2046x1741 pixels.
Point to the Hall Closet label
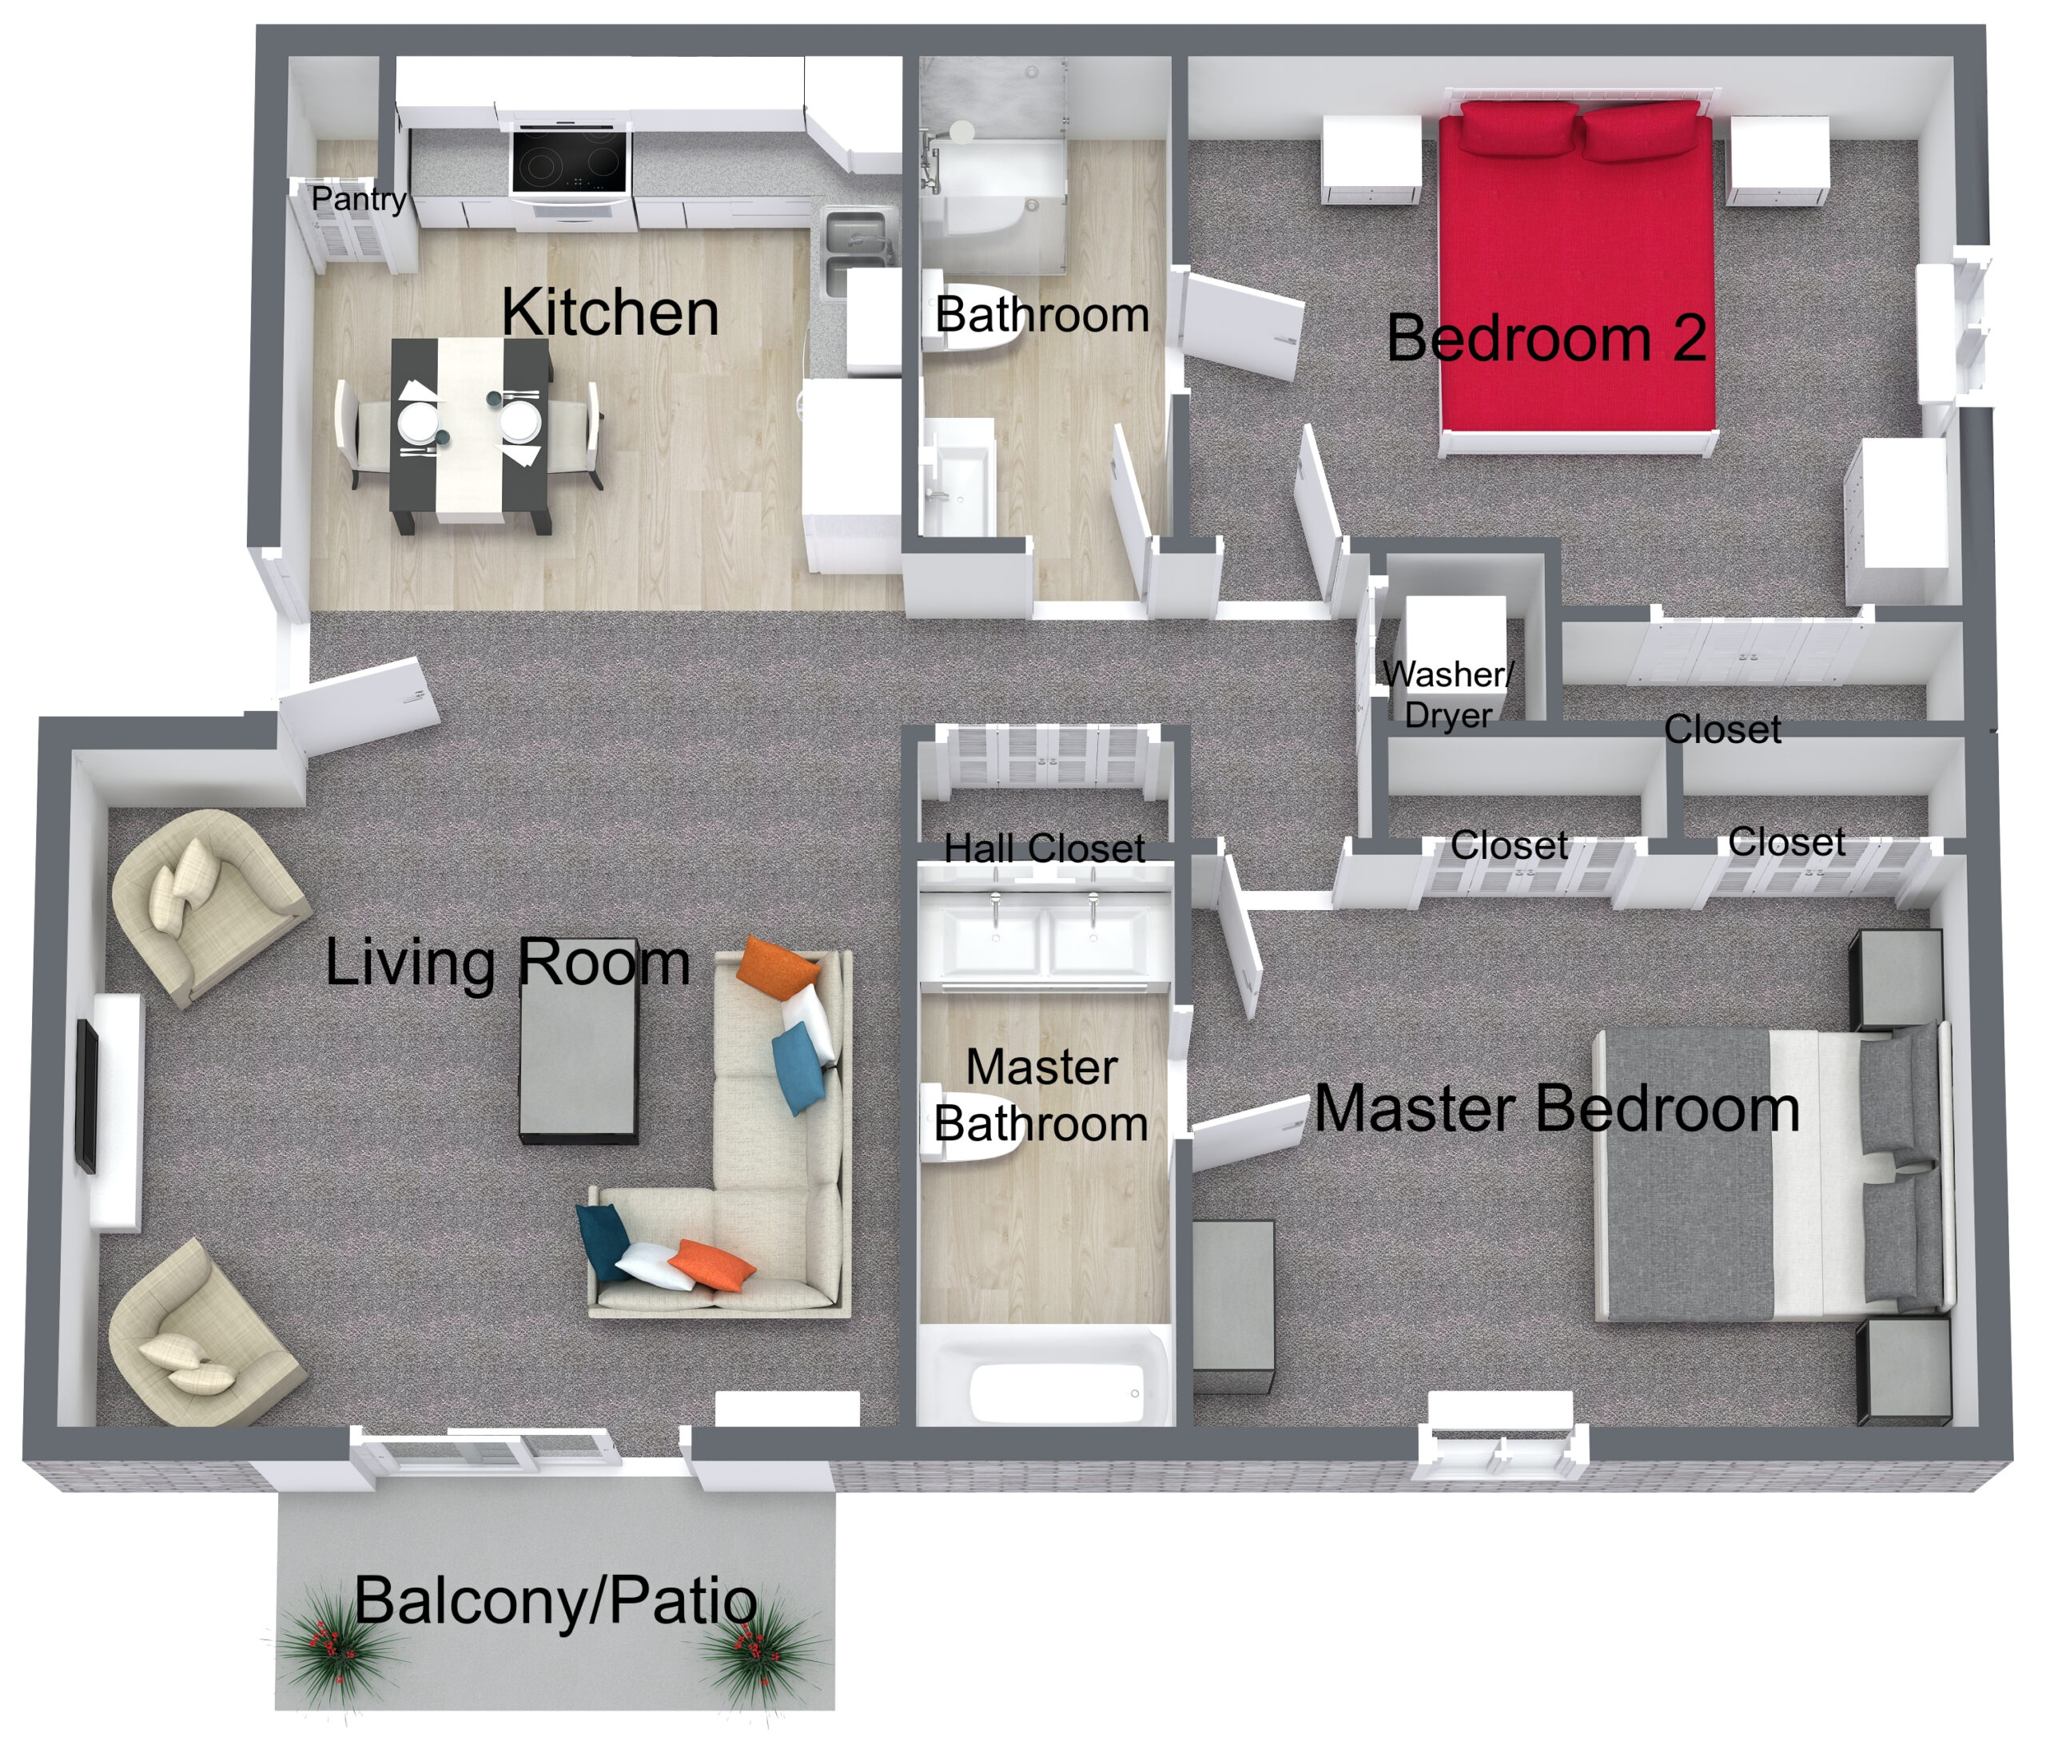pos(1045,848)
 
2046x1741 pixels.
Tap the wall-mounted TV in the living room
pos(87,1096)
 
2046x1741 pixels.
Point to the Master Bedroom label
pos(1556,1108)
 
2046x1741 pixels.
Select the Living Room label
pos(508,962)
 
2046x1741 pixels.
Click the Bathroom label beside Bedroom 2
pos(1041,315)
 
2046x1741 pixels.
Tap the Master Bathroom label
pos(1041,1095)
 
